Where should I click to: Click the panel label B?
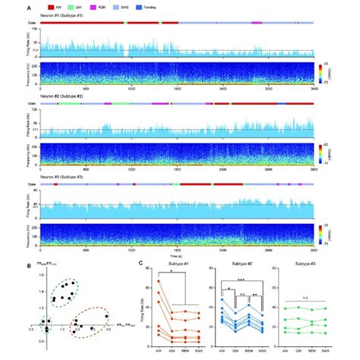coord(29,265)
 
